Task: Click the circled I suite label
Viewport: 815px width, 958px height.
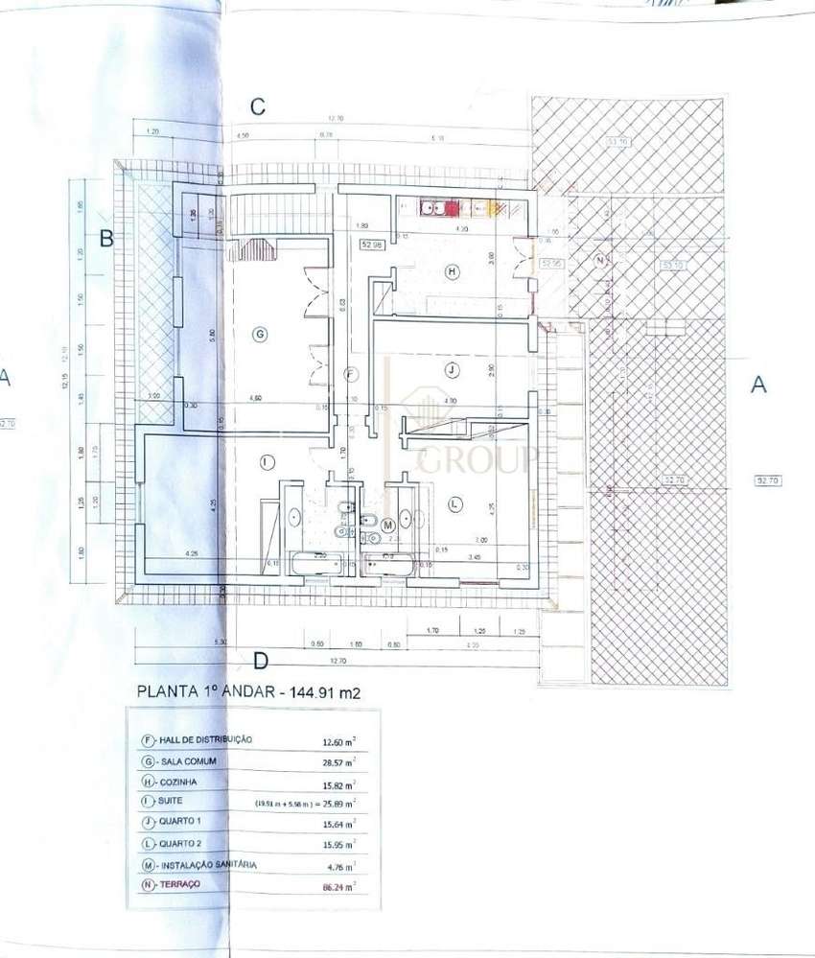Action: click(x=266, y=461)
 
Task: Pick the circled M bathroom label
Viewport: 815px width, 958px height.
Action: click(x=388, y=525)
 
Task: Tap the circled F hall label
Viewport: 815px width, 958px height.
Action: click(x=351, y=373)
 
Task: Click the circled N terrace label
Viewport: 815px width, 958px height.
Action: click(x=601, y=261)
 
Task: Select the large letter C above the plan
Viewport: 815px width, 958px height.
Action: click(x=257, y=106)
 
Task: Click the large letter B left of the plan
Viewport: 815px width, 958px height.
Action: click(x=107, y=238)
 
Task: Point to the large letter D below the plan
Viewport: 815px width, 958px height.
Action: click(x=259, y=660)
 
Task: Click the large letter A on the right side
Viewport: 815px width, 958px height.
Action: click(x=758, y=385)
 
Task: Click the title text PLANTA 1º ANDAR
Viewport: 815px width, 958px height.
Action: click(x=206, y=689)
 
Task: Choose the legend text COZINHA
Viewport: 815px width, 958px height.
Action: click(x=184, y=783)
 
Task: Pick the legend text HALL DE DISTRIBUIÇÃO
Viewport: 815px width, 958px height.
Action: click(x=205, y=739)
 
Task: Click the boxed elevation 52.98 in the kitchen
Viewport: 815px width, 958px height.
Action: click(x=371, y=245)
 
